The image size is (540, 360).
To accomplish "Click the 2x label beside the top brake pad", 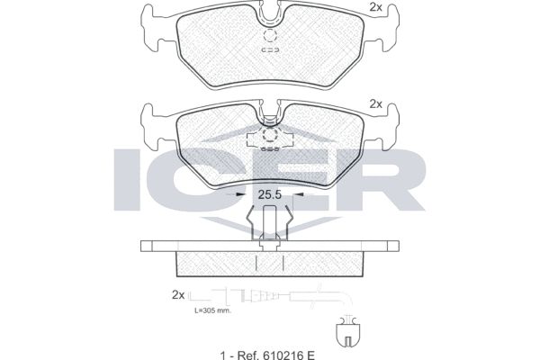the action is [375, 7].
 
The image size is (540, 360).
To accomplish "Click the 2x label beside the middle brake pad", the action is [375, 104].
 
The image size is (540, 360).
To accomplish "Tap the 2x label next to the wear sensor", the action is [178, 295].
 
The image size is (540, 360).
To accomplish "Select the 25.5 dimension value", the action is [270, 195].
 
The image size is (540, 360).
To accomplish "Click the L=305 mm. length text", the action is [213, 310].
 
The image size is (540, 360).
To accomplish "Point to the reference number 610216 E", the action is [289, 355].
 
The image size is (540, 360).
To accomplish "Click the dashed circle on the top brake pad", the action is [270, 35].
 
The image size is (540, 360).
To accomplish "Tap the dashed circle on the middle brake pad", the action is [270, 135].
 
